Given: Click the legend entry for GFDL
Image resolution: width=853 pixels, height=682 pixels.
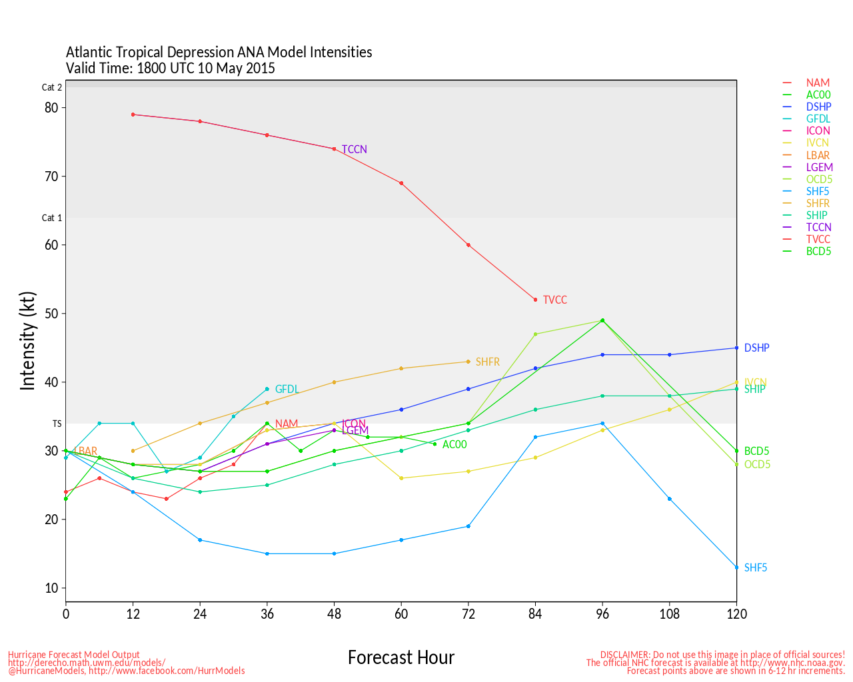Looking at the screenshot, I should coord(818,119).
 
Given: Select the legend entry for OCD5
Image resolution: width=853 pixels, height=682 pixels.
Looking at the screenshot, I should coord(819,179).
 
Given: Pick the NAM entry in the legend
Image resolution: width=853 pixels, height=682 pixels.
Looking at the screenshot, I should coord(818,83).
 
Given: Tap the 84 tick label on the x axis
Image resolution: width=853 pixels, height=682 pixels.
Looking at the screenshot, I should coord(535,614).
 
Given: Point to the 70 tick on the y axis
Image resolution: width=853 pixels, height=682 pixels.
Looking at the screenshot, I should coord(52,176).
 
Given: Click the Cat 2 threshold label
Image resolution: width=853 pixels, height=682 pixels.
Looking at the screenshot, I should coord(52,87).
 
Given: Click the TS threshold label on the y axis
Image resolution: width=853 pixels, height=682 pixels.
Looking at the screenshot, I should coord(57,424).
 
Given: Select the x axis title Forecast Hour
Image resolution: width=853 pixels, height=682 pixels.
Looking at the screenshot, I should coord(401,658).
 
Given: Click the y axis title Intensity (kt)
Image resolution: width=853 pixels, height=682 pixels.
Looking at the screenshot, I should coord(27,340).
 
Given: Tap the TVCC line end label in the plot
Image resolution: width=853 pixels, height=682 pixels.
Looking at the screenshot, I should coord(554,300).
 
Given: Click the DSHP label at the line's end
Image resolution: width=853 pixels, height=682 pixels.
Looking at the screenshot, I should coord(756,348).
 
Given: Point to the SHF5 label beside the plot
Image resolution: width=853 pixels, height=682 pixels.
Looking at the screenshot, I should coord(756,568).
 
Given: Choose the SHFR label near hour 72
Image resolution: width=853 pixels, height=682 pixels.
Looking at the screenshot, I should coord(487,362).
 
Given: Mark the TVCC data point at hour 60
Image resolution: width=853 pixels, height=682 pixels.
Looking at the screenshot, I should coord(401,183).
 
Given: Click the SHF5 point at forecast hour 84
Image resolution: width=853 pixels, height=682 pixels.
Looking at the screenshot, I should coord(535,437).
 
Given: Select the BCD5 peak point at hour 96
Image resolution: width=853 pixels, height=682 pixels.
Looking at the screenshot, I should coord(602,320).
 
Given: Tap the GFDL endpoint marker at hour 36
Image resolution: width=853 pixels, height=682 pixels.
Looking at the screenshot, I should coord(267,389).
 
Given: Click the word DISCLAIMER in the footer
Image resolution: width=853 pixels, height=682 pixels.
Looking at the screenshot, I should coord(624,655).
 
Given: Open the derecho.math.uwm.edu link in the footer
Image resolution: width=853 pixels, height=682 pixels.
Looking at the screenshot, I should coord(87,663).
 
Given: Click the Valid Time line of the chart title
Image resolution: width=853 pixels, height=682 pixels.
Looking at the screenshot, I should coord(170,68).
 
